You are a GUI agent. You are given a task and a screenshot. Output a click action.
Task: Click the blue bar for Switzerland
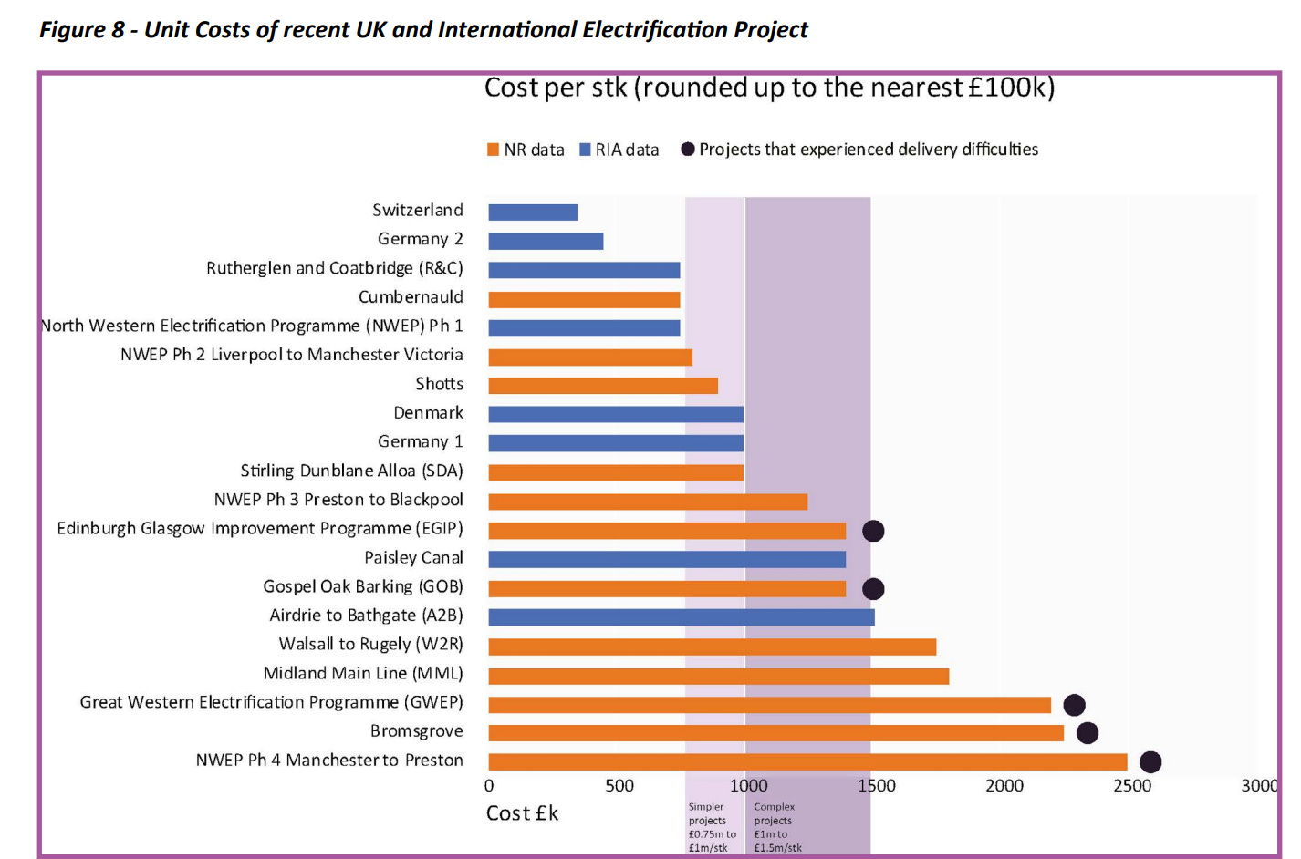tap(533, 212)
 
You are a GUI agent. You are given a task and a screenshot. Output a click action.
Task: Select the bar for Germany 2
tap(546, 242)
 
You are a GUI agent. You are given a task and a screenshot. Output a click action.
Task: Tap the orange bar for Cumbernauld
tap(584, 300)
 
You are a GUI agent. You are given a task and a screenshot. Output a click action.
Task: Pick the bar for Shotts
tap(603, 386)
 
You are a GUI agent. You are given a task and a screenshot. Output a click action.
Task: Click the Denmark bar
tap(616, 415)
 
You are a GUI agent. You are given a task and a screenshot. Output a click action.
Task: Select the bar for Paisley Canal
tap(667, 560)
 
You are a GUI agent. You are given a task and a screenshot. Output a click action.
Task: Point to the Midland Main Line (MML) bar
tap(718, 677)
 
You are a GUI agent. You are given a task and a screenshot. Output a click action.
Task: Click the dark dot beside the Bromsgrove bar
tap(1088, 733)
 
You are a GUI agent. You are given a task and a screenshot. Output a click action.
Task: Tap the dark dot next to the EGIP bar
tap(873, 531)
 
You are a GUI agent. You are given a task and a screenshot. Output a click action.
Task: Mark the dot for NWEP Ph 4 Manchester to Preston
tap(1150, 762)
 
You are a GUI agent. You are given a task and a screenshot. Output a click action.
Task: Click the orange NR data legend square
tap(494, 150)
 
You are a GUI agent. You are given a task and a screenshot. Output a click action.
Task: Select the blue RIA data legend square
tap(585, 150)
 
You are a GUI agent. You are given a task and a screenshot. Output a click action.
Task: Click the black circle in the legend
tap(688, 150)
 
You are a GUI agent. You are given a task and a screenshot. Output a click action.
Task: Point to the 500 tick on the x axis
tap(619, 786)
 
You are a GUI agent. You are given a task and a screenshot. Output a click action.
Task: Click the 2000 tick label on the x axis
tap(1004, 786)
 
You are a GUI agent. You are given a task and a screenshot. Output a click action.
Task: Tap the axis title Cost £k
tap(522, 813)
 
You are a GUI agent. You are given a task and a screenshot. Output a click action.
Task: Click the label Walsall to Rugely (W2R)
tap(370, 645)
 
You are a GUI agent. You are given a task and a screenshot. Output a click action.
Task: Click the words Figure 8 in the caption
tap(81, 30)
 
